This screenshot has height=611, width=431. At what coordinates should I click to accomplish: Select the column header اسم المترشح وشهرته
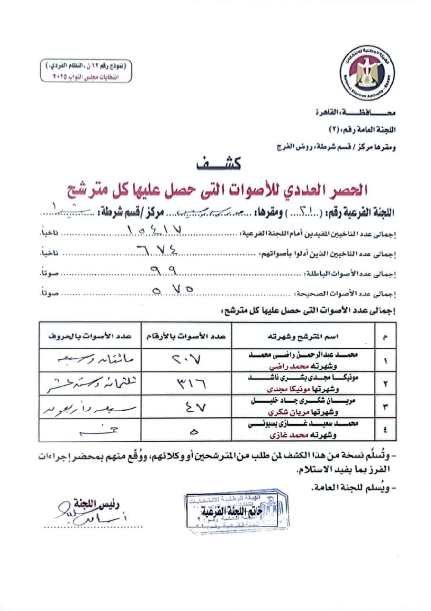point(310,337)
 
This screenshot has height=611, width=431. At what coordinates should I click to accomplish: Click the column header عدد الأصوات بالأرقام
point(186,337)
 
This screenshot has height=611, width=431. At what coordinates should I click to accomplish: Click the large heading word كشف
point(219,164)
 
